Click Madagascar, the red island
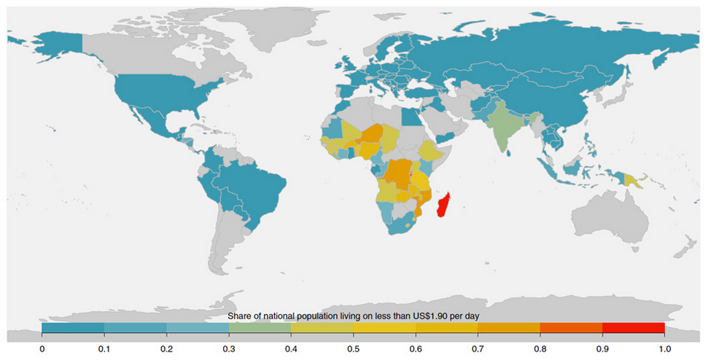point(443,206)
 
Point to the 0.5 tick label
point(353,348)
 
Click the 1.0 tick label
point(663,348)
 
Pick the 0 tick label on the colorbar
point(42,348)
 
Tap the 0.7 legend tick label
point(478,348)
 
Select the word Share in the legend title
point(239,316)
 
